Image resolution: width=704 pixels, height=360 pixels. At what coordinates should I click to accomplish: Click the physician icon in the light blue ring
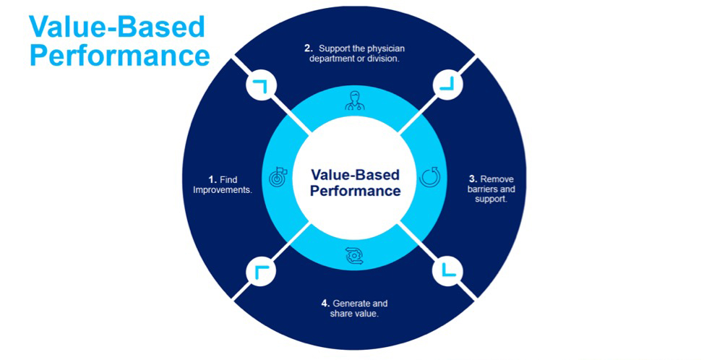(353, 100)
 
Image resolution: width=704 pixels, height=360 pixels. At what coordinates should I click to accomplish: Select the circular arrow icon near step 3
(429, 176)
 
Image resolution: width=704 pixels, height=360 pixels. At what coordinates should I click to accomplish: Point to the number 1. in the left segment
(213, 179)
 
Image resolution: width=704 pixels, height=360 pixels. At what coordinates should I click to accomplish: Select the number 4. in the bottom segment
(325, 304)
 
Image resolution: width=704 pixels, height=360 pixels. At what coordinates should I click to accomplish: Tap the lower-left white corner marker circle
(259, 272)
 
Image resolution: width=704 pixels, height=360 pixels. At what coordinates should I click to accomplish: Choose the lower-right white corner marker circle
(446, 272)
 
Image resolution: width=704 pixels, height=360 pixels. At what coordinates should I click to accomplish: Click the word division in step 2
(383, 59)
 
